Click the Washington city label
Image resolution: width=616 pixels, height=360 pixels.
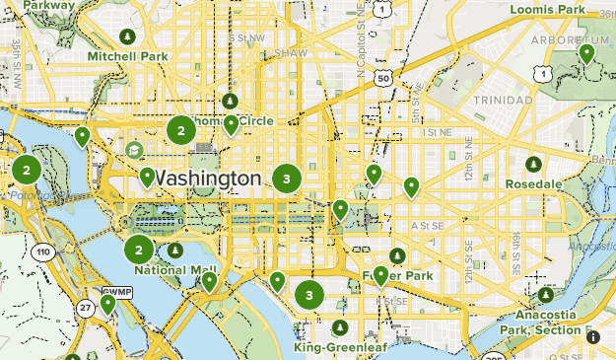(209, 179)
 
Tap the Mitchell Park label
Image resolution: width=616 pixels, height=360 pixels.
(127, 56)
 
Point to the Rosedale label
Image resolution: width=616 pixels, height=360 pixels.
(533, 183)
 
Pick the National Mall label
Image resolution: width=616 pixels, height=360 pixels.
(174, 269)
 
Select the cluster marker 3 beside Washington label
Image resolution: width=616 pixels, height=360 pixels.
(287, 179)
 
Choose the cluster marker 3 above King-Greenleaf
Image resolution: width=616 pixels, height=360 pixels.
(309, 294)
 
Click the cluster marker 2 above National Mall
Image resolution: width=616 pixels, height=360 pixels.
(139, 249)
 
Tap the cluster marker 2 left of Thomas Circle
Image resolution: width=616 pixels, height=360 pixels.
(181, 129)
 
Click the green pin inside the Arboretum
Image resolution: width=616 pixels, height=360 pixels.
(586, 53)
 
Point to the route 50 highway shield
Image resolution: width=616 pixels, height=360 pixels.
(383, 77)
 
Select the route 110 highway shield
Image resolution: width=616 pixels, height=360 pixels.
(42, 252)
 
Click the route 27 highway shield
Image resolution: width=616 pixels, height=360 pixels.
(85, 308)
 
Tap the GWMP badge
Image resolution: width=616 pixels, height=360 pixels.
(116, 291)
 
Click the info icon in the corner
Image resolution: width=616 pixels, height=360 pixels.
(592, 337)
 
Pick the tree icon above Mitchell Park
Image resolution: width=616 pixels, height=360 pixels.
(126, 36)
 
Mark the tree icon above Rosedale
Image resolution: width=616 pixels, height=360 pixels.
(533, 164)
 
